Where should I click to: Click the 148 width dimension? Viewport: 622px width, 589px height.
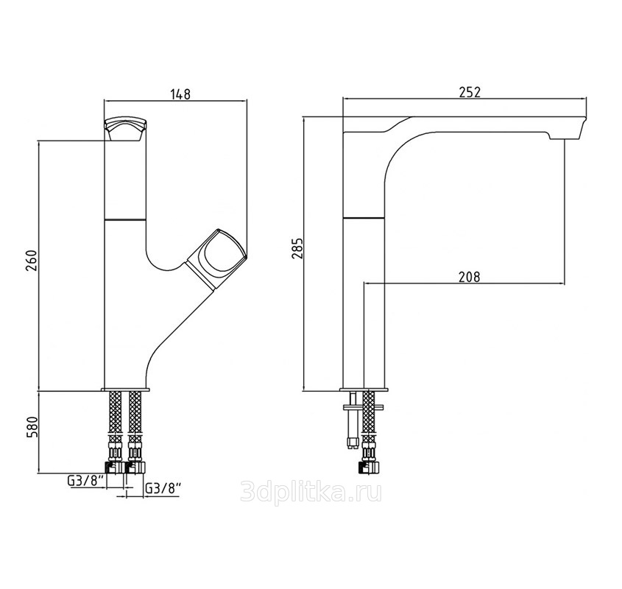click(180, 94)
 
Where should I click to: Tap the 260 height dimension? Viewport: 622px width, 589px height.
click(32, 260)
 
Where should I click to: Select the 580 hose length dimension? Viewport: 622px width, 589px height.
click(32, 426)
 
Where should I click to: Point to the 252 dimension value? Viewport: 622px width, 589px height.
click(470, 92)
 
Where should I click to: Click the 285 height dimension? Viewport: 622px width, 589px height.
click(297, 248)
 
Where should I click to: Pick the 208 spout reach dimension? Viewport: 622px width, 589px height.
click(470, 277)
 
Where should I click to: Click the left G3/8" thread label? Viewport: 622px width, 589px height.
click(85, 481)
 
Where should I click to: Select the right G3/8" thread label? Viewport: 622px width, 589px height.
click(163, 488)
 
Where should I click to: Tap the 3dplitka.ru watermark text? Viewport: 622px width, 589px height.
click(311, 492)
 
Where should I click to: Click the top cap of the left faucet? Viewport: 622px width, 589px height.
click(125, 129)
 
